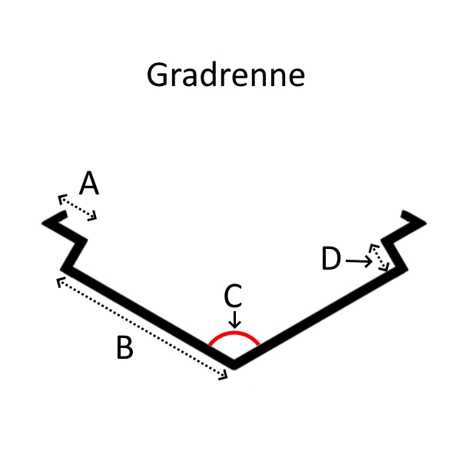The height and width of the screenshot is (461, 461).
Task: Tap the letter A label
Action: pyautogui.click(x=89, y=184)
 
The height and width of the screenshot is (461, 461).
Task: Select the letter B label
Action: pyautogui.click(x=124, y=348)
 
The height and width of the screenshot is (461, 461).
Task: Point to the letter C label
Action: pyautogui.click(x=233, y=297)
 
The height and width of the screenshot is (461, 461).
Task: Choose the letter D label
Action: pyautogui.click(x=331, y=260)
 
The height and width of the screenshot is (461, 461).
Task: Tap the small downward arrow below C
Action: pyautogui.click(x=234, y=319)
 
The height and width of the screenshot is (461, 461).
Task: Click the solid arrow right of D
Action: pyautogui.click(x=359, y=262)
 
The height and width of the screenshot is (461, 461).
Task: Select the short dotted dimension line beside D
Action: pyautogui.click(x=380, y=257)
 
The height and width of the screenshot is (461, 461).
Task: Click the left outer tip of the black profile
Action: pyautogui.click(x=45, y=223)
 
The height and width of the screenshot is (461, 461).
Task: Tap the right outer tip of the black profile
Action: pyautogui.click(x=423, y=224)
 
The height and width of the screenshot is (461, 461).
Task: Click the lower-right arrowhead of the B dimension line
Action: pyautogui.click(x=225, y=376)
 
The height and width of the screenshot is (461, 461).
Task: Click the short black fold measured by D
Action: pyautogui.click(x=396, y=254)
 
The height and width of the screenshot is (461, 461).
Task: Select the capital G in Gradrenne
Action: pyautogui.click(x=158, y=76)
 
